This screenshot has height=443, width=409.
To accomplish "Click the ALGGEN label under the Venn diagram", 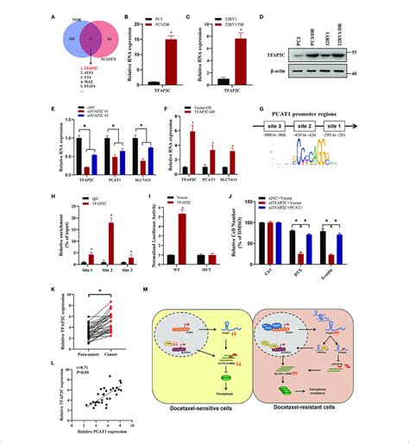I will click(84, 57).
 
